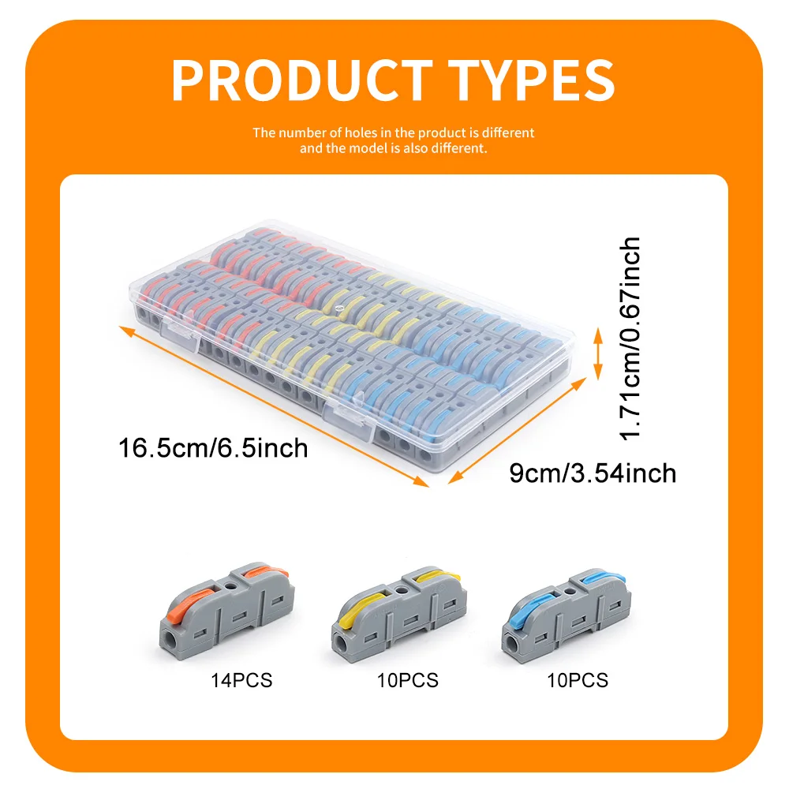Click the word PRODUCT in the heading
point(302,80)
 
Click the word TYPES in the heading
point(531,80)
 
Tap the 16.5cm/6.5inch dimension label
point(213,448)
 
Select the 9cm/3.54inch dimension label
point(593,473)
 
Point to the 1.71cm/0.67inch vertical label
point(630,338)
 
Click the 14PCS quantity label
point(241,680)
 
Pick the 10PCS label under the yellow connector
point(408,680)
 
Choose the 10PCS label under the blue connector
point(578,680)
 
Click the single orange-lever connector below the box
point(226,611)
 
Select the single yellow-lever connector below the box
point(398,615)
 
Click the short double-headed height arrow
point(598,353)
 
